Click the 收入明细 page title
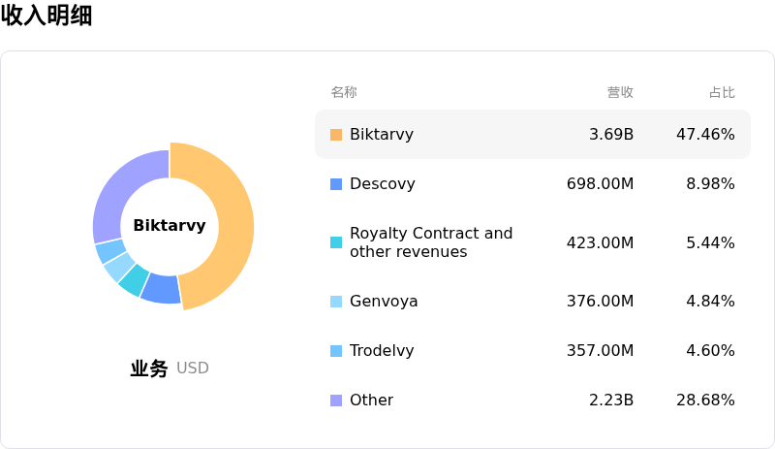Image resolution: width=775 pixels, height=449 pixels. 46,16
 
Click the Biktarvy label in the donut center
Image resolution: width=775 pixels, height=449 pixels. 170,225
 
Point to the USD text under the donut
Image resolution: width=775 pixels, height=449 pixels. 193,369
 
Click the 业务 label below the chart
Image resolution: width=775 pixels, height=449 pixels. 149,369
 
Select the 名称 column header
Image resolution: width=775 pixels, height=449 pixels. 344,92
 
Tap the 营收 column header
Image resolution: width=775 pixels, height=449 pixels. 620,92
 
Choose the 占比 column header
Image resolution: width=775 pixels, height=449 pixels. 722,92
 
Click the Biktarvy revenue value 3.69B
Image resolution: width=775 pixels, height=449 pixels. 611,135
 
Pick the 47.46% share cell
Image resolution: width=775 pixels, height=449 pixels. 705,135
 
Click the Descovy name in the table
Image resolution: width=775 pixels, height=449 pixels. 382,184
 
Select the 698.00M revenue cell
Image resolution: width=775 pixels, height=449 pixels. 600,184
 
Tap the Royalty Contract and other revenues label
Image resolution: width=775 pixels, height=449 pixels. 431,242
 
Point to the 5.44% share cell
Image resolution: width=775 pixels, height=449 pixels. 710,242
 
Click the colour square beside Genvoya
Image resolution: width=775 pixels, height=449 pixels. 336,302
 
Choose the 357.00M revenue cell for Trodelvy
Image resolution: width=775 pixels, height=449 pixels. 600,351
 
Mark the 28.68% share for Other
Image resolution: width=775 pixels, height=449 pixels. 705,401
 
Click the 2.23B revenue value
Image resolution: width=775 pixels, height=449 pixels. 611,401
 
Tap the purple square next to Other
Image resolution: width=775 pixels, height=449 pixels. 336,401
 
